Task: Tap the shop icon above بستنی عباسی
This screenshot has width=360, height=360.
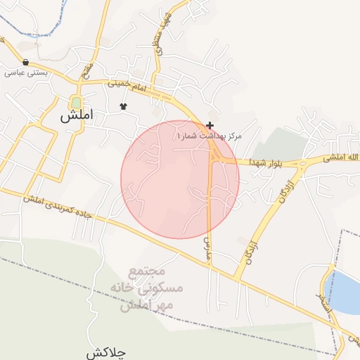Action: [x=26, y=62]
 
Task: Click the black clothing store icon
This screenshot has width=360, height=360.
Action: [x=124, y=107]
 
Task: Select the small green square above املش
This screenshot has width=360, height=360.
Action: [x=76, y=103]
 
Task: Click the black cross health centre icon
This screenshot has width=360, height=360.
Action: [x=210, y=124]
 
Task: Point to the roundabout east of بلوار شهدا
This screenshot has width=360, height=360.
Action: [x=303, y=166]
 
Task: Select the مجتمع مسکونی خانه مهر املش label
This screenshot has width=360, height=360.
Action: [x=147, y=289]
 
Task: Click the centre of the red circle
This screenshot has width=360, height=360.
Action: [x=180, y=179]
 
